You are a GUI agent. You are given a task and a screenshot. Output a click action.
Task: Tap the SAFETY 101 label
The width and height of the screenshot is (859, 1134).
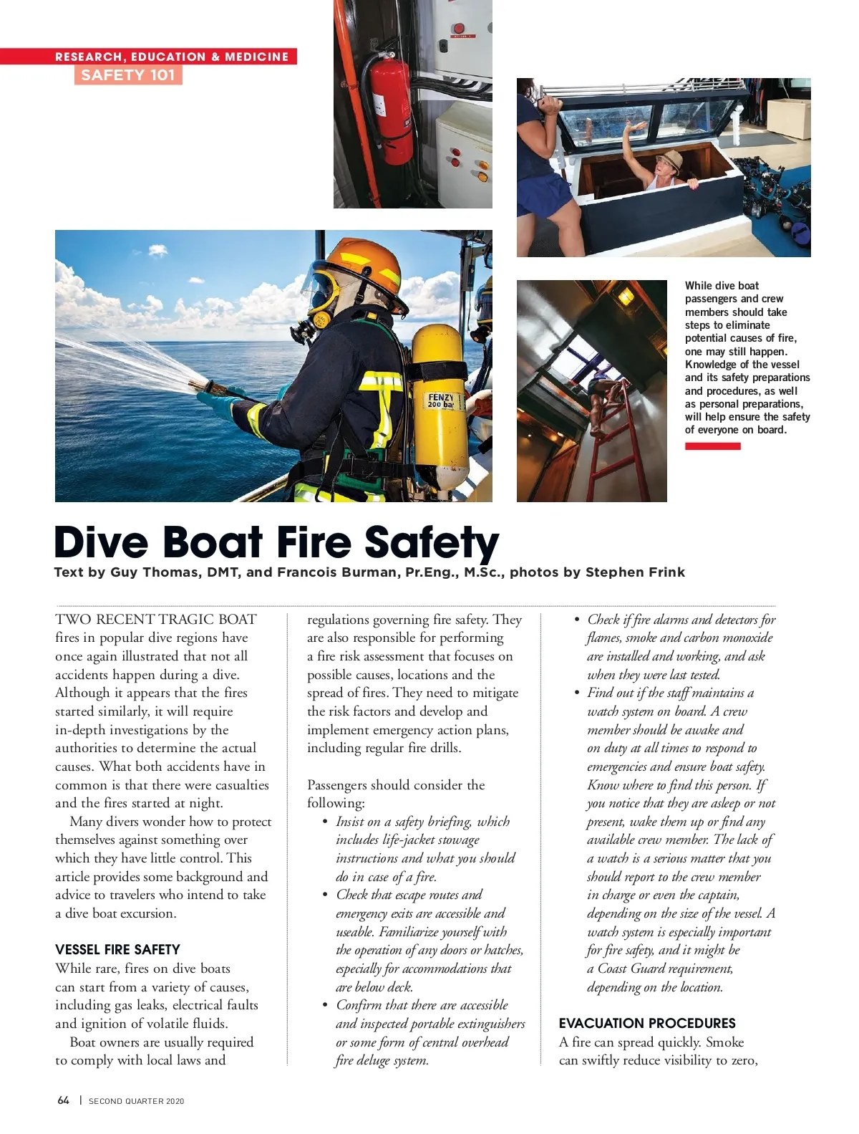(x=128, y=75)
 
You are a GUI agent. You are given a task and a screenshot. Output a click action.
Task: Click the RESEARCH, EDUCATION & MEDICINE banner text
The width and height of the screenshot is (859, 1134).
(x=172, y=57)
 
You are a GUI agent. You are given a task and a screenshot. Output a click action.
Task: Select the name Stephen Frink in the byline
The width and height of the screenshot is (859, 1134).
(x=635, y=572)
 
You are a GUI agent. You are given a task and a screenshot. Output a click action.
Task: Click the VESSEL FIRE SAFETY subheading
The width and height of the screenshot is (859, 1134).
(x=117, y=950)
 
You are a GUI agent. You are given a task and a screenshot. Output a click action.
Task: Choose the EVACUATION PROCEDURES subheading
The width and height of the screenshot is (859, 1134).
(x=647, y=1023)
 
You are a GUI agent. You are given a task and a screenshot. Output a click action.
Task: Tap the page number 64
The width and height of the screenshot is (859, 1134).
(x=64, y=1100)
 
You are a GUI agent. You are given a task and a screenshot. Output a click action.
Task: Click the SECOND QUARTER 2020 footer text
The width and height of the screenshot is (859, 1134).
(x=136, y=1101)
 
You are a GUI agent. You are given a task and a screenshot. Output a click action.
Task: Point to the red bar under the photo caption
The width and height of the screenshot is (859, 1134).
(x=712, y=446)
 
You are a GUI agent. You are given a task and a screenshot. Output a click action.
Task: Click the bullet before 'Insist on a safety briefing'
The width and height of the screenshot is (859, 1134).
(x=325, y=822)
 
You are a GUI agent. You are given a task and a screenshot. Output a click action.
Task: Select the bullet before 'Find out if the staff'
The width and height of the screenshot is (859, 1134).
(x=577, y=693)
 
